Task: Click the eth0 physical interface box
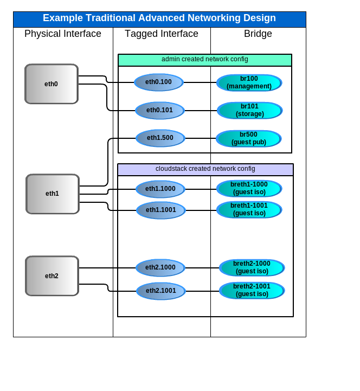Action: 52,84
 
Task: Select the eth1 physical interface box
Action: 53,194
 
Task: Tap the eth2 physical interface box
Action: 52,276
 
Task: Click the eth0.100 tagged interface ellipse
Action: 159,82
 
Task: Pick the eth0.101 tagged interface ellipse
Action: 160,110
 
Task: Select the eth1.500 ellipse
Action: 160,138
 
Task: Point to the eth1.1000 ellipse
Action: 160,189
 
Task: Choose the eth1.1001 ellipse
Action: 161,210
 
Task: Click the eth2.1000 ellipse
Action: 160,267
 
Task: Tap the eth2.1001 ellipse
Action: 161,291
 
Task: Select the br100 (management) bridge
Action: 249,82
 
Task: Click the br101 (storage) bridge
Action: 249,110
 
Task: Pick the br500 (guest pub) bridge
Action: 248,138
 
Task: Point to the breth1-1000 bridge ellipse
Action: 249,189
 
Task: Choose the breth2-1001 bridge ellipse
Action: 252,290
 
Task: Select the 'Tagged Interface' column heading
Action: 162,34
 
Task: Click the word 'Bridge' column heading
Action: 258,34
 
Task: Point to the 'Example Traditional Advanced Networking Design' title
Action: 159,18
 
